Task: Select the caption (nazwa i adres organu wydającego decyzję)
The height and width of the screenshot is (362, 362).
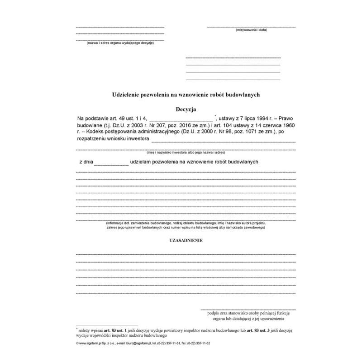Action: click(x=120, y=43)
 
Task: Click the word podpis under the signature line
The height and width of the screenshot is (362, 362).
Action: click(x=210, y=313)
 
